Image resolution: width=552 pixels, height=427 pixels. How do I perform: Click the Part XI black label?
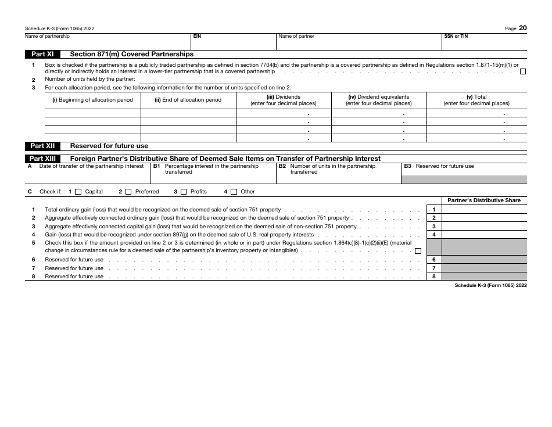point(44,54)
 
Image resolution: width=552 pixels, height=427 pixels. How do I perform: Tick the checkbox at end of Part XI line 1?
point(523,71)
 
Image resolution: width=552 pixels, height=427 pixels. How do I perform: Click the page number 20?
point(523,28)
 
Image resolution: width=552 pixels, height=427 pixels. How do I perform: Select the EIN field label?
point(197,36)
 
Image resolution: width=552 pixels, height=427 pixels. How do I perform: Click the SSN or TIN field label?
point(456,36)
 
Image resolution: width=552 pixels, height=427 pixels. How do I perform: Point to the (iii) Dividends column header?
point(284,100)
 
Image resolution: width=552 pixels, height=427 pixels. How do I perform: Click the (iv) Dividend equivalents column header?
point(378,100)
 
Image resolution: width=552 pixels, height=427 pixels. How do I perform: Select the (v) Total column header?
point(476,100)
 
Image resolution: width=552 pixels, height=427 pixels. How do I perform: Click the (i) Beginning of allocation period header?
point(92,100)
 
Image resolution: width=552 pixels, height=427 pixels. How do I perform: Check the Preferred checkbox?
point(130,192)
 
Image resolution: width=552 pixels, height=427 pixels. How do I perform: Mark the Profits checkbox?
point(184,192)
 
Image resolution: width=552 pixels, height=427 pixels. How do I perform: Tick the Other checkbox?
point(234,192)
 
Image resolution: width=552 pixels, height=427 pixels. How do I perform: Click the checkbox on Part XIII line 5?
point(418,251)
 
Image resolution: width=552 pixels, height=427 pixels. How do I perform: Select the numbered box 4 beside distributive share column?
point(433,234)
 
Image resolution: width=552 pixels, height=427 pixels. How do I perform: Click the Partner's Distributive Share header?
point(484,200)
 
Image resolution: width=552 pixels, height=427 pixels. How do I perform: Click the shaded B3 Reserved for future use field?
point(464,180)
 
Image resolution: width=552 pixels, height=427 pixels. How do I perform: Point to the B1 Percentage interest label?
point(212,168)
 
